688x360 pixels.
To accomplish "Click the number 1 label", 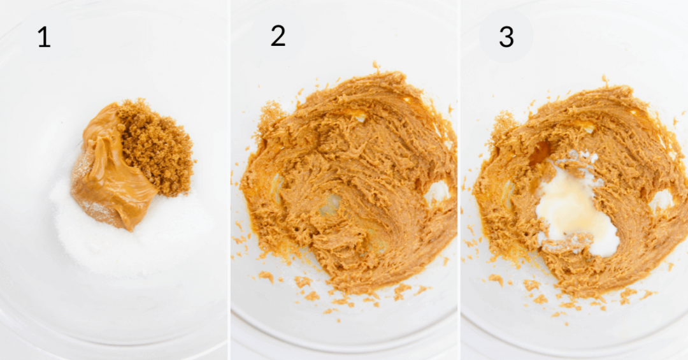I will pyautogui.click(x=43, y=38).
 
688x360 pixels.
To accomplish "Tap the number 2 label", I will pyautogui.click(x=278, y=36).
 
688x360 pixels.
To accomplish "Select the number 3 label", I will pyautogui.click(x=506, y=37).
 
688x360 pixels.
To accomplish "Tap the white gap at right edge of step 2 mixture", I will pyautogui.click(x=438, y=191).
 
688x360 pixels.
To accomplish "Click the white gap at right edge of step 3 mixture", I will pyautogui.click(x=661, y=199).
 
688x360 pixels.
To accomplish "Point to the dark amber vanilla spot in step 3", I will pyautogui.click(x=541, y=153).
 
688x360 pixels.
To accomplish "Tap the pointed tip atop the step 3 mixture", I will pyautogui.click(x=603, y=78).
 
